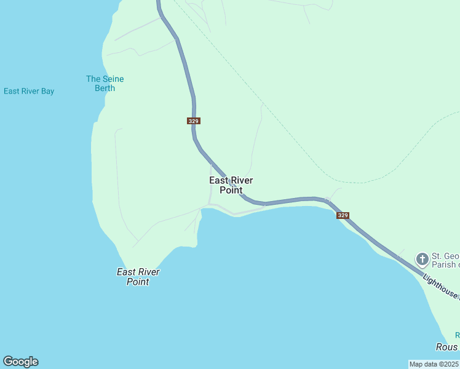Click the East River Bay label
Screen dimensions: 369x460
tap(29, 91)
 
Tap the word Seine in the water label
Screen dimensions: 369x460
tap(113, 79)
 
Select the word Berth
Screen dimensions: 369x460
tap(105, 88)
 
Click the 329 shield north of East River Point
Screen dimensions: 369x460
tap(193, 121)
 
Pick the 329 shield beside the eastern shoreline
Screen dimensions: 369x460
tap(343, 215)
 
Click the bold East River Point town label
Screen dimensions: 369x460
tap(231, 185)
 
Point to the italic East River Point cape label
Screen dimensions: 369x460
tap(138, 277)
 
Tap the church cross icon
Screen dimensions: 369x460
tap(422, 259)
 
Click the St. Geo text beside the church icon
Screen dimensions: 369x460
tap(445, 256)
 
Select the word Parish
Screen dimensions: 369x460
tap(444, 265)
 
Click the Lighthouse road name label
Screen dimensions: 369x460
tap(440, 286)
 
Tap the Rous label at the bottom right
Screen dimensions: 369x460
tap(447, 347)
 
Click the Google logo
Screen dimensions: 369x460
tap(20, 362)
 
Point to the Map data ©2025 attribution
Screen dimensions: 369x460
tap(434, 364)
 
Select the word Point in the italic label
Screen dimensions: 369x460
tap(138, 282)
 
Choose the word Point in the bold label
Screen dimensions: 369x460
tap(231, 190)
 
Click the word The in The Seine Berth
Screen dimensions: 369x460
tap(93, 79)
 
